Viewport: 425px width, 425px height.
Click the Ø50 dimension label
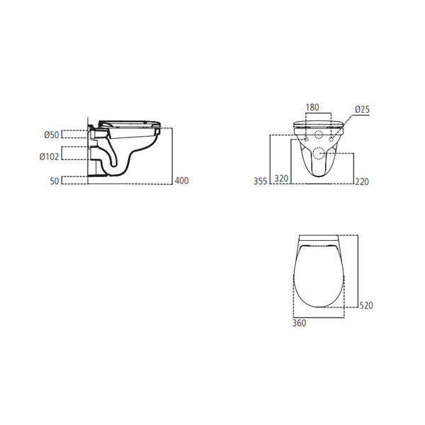point(51,134)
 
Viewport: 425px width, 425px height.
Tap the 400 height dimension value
point(182,181)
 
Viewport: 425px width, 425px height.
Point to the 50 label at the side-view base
point(52,180)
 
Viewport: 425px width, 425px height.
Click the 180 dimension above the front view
point(312,108)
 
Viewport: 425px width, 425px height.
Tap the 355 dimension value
point(260,182)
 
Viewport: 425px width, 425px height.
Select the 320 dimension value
point(282,180)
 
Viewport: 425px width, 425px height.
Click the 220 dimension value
point(363,182)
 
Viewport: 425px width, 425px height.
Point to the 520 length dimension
point(365,305)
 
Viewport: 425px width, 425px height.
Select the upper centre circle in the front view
point(318,135)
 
